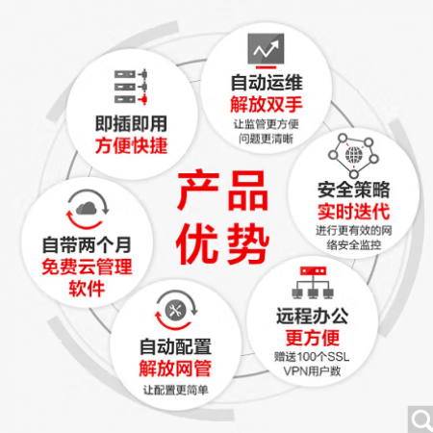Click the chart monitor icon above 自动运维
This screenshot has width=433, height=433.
[266, 51]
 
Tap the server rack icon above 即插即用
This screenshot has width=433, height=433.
[131, 87]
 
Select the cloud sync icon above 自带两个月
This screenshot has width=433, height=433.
[88, 209]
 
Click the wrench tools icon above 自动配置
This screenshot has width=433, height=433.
[176, 310]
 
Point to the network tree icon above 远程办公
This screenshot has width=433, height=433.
[313, 282]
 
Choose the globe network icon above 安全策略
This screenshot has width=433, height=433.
[353, 156]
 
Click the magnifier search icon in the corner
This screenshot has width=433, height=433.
[421, 420]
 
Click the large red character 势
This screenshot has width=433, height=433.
[248, 243]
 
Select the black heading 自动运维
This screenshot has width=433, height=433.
[267, 83]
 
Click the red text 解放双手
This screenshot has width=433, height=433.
[267, 104]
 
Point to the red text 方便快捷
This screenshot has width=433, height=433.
[131, 145]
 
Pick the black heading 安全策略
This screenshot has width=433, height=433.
[354, 190]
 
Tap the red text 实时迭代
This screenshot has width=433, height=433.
[354, 212]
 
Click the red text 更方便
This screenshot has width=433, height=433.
[313, 338]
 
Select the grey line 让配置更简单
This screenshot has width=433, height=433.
[175, 390]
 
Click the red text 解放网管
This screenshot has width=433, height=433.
[175, 369]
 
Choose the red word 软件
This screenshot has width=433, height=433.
[87, 289]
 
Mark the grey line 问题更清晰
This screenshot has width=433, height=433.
[266, 139]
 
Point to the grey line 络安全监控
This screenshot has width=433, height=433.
[354, 245]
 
